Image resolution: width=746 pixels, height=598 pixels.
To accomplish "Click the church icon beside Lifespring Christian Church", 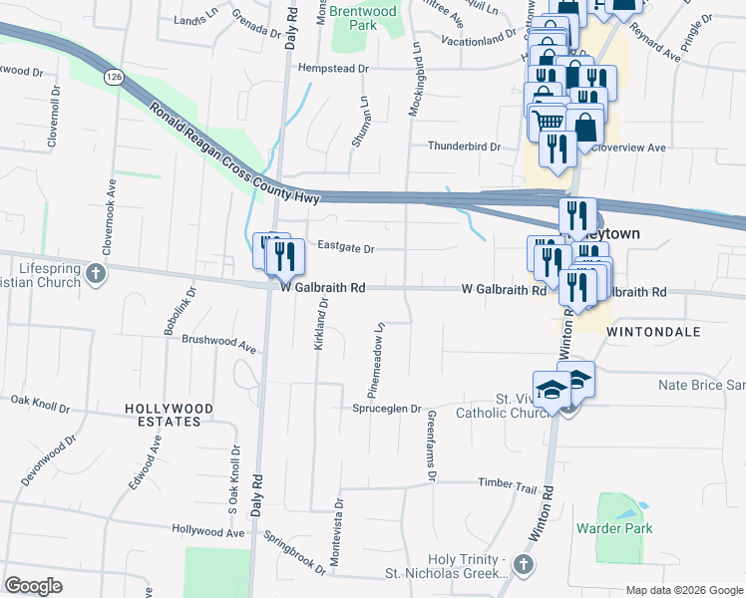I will point(95,274).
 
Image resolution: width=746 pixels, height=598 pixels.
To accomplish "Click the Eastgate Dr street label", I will point(345,248).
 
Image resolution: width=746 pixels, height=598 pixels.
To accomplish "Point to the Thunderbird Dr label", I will point(464,146).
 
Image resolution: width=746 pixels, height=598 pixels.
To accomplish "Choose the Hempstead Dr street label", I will point(333,69).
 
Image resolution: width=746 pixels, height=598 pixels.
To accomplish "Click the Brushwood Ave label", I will point(218,342).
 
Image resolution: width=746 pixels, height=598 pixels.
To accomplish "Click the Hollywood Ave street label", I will point(207,532).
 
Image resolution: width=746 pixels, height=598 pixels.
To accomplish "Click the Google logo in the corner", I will point(34,585).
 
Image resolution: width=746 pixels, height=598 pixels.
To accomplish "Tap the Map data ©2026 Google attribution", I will point(683,590).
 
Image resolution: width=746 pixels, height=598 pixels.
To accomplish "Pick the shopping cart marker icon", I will point(548,122).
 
